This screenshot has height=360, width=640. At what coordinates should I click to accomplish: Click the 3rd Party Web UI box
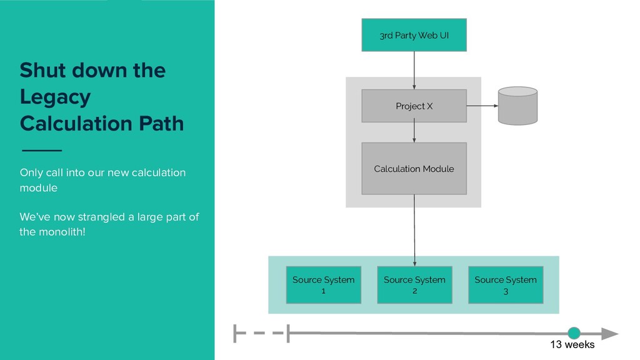tap(414, 35)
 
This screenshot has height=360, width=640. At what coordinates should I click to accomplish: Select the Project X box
tap(414, 106)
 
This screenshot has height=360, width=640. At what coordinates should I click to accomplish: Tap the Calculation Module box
tap(414, 169)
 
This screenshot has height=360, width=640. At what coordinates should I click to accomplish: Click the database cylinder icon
tap(517, 106)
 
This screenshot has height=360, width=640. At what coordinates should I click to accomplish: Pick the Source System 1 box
tap(324, 285)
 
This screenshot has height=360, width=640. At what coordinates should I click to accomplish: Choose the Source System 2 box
tap(415, 285)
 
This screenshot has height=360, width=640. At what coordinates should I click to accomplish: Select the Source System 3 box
tap(506, 285)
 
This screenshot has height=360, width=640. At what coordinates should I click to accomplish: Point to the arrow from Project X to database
tap(482, 106)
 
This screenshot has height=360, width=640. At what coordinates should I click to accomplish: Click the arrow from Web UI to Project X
tap(414, 70)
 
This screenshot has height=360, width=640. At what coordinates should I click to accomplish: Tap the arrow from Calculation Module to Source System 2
tap(414, 231)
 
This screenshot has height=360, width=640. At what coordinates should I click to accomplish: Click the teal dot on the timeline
tap(574, 333)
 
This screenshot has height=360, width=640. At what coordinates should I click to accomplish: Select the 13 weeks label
tap(572, 344)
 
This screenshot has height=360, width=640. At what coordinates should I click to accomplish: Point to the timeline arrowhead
tap(610, 334)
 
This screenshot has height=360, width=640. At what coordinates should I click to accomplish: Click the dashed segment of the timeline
tap(261, 333)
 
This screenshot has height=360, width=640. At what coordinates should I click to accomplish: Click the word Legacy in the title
tap(55, 97)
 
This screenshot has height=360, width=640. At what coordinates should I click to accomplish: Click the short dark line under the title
tap(42, 150)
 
